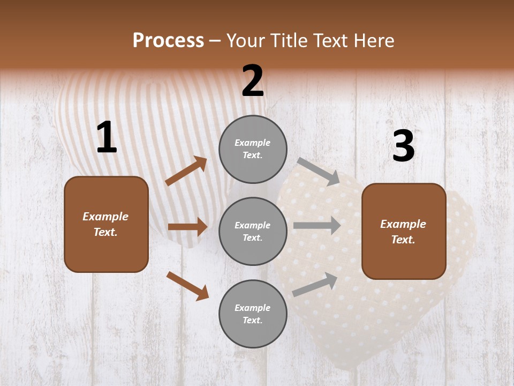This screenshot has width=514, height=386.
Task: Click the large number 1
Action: pyautogui.click(x=107, y=138)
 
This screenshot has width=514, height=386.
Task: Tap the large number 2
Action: pyautogui.click(x=253, y=81)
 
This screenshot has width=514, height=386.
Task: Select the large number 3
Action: pyautogui.click(x=404, y=146)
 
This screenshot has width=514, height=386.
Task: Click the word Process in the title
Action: pyautogui.click(x=168, y=40)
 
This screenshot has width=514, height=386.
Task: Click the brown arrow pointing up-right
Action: pyautogui.click(x=186, y=170)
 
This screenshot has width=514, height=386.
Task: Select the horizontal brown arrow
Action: pyautogui.click(x=187, y=227)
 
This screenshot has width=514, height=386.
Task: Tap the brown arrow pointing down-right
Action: pyautogui.click(x=188, y=285)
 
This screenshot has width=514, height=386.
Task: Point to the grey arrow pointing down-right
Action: pyautogui.click(x=319, y=171)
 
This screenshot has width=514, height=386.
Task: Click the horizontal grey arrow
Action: pyautogui.click(x=317, y=226)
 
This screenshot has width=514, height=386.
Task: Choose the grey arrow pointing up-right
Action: pyautogui.click(x=315, y=284)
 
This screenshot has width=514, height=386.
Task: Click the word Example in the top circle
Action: pyautogui.click(x=253, y=143)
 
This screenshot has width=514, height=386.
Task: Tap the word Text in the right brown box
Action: pyautogui.click(x=403, y=240)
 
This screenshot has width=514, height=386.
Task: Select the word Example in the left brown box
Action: pyautogui.click(x=105, y=217)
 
